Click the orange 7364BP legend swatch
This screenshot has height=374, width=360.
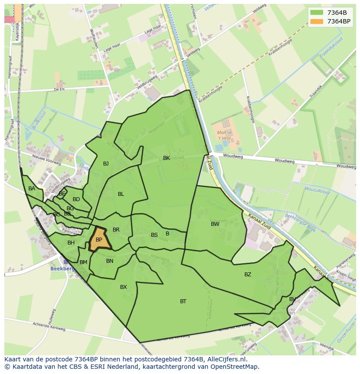tap(317, 21)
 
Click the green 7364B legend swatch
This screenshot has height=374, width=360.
tap(317, 12)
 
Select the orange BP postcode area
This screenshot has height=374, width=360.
tap(99, 239)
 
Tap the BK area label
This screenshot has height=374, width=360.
tap(167, 158)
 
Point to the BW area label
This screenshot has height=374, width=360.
tap(215, 224)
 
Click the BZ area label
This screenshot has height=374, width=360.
tap(248, 274)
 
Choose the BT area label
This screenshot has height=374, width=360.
tap(183, 301)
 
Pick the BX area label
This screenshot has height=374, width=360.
tap(123, 287)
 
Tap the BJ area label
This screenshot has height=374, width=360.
tap(106, 164)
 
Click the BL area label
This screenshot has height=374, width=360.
tap(121, 194)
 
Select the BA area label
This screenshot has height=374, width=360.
tap(32, 189)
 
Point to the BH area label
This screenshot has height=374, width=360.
tap(71, 243)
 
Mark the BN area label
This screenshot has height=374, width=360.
tap(110, 261)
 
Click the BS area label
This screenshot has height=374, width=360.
tap(154, 235)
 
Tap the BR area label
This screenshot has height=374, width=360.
tap(116, 230)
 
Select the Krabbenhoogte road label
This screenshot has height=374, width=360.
tap(250, 109)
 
